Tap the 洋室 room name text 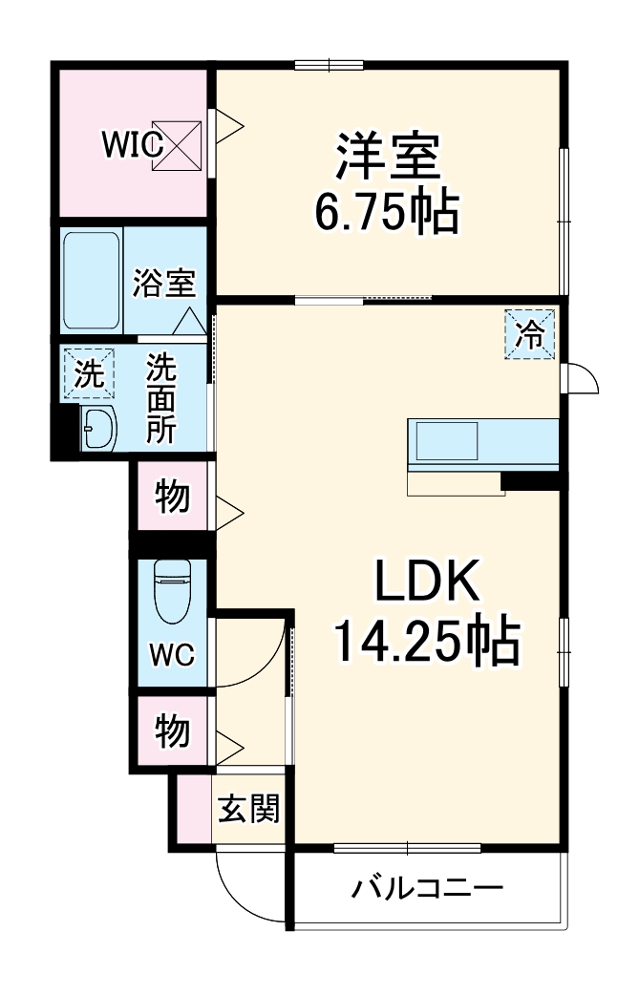click(x=387, y=158)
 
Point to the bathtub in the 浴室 click(x=92, y=278)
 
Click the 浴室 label click(x=164, y=283)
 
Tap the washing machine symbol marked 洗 click(x=89, y=373)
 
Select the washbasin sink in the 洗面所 click(x=97, y=430)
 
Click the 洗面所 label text click(x=160, y=398)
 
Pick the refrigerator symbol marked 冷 click(x=529, y=334)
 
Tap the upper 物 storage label click(x=171, y=497)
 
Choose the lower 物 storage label click(x=171, y=731)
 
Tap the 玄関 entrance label click(x=249, y=810)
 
